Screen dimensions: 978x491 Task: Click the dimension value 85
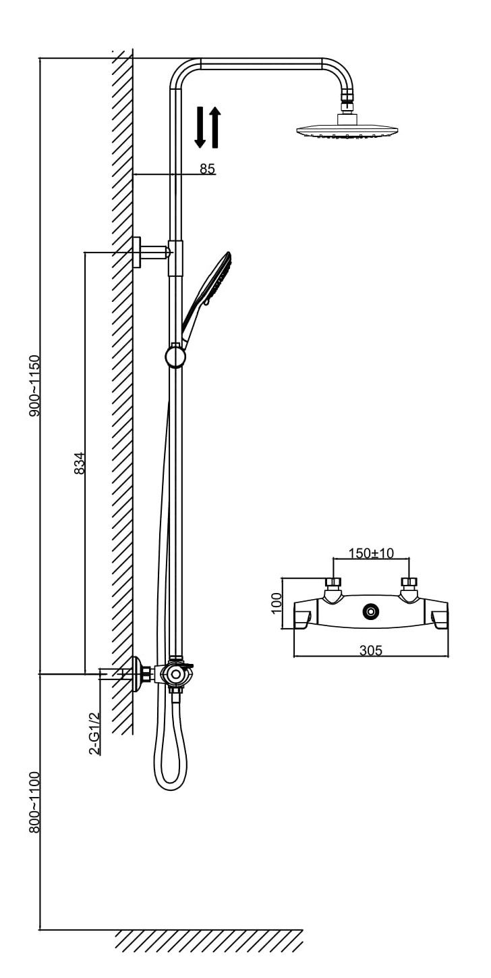click(x=207, y=169)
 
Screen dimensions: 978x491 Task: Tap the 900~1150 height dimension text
click(x=34, y=384)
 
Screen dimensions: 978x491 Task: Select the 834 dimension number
click(x=80, y=463)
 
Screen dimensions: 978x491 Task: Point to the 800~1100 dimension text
click(x=34, y=802)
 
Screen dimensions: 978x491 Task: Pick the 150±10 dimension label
click(x=370, y=553)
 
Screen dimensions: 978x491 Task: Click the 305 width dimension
click(x=370, y=650)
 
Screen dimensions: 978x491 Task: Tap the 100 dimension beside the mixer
click(x=277, y=602)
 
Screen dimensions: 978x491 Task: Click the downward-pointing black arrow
click(x=200, y=127)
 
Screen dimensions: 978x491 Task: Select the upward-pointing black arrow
click(x=214, y=127)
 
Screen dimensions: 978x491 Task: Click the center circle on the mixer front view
click(x=370, y=612)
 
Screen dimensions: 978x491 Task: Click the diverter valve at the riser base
click(x=175, y=674)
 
